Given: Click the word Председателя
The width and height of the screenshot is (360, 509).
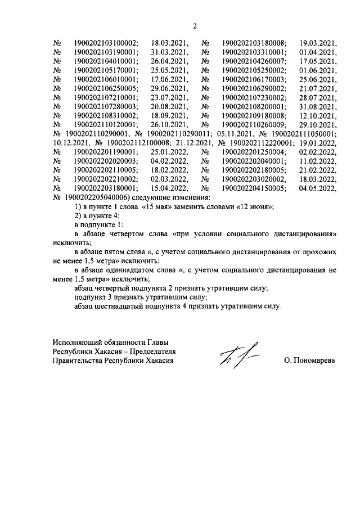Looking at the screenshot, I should click(x=150, y=352).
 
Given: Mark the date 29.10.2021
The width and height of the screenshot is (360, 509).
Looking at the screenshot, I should click(x=318, y=125).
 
